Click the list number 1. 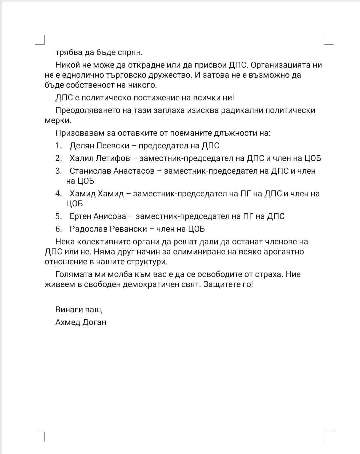coord(59,146)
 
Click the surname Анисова coord(110,216)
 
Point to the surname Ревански coord(128,229)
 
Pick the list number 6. coord(59,229)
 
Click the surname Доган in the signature coord(95,322)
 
